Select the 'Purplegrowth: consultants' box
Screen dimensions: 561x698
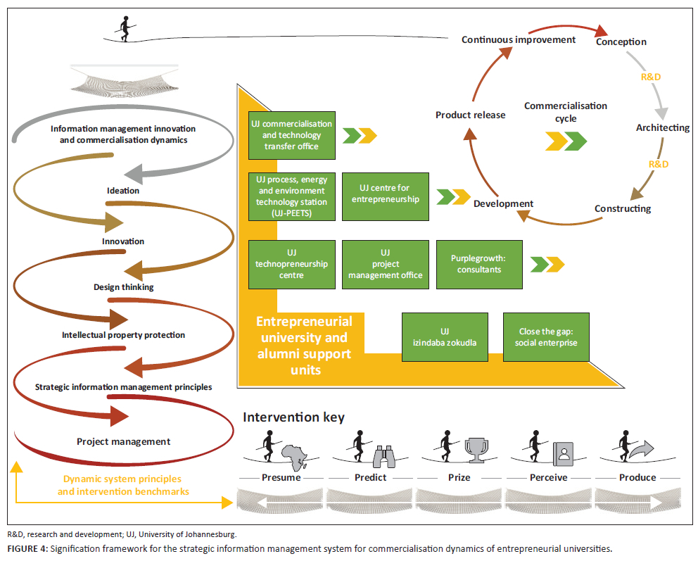pyautogui.click(x=479, y=264)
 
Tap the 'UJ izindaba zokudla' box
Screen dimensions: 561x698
pyautogui.click(x=444, y=337)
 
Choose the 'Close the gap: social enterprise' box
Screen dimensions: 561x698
pyautogui.click(x=546, y=337)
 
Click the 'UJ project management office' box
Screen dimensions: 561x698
pyautogui.click(x=385, y=264)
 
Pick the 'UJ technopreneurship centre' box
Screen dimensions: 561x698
pyautogui.click(x=291, y=264)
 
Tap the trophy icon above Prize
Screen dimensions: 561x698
pyautogui.click(x=476, y=450)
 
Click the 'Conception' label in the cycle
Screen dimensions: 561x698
pyautogui.click(x=621, y=42)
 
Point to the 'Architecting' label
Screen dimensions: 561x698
pyautogui.click(x=662, y=127)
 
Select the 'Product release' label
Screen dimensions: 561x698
pyautogui.click(x=470, y=115)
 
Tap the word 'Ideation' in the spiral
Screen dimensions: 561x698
pyautogui.click(x=123, y=191)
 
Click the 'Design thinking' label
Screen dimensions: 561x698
pyautogui.click(x=123, y=287)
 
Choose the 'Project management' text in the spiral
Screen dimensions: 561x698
pyautogui.click(x=123, y=441)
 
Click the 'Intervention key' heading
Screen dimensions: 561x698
pyautogui.click(x=293, y=417)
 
